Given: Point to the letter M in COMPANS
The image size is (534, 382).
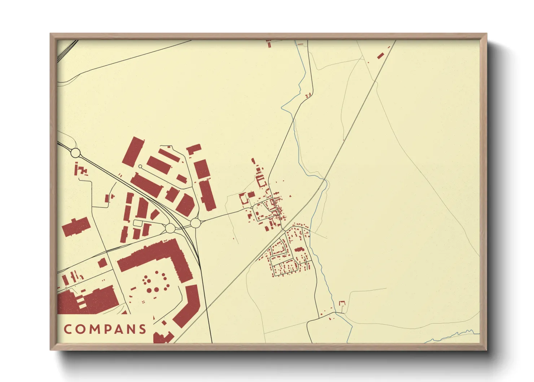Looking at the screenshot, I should point(92,329).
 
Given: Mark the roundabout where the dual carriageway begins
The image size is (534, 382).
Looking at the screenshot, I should point(75,153).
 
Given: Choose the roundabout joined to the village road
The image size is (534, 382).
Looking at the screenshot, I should point(195,223).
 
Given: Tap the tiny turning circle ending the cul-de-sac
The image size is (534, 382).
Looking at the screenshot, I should point(140,166).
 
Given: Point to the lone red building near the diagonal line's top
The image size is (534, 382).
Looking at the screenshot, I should point(380,56).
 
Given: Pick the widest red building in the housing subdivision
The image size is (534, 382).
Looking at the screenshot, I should point(299,249).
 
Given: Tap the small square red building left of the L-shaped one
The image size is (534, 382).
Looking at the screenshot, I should point(102,262).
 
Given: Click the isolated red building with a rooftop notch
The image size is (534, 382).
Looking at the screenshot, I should point(75,227).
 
